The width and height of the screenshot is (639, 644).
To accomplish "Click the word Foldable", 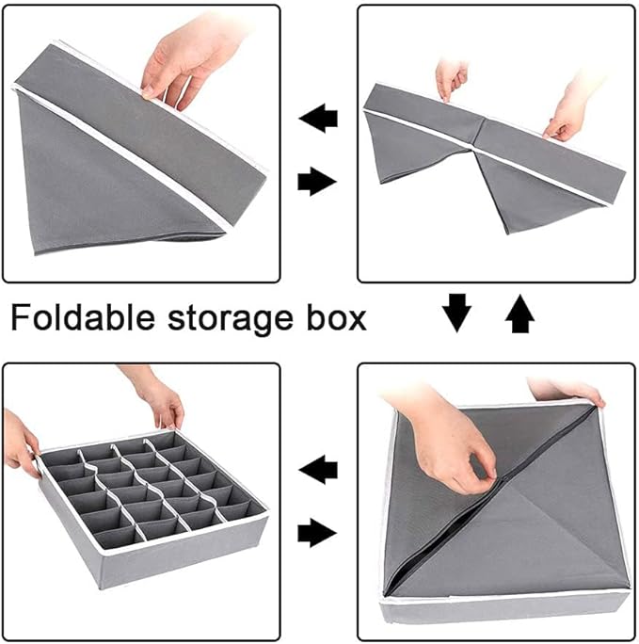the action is (83, 317).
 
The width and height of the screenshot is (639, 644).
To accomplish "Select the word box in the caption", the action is (337, 317).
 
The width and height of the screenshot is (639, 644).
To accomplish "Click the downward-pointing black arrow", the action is (456, 313).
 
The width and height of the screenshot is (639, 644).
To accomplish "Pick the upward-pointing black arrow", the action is (519, 314).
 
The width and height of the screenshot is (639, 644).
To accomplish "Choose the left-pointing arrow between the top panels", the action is (318, 118).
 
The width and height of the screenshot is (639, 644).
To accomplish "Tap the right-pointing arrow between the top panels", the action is (317, 181).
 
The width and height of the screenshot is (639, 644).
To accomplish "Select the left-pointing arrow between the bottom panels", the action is (318, 469).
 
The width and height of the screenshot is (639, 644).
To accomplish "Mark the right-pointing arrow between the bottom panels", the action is (317, 533).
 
